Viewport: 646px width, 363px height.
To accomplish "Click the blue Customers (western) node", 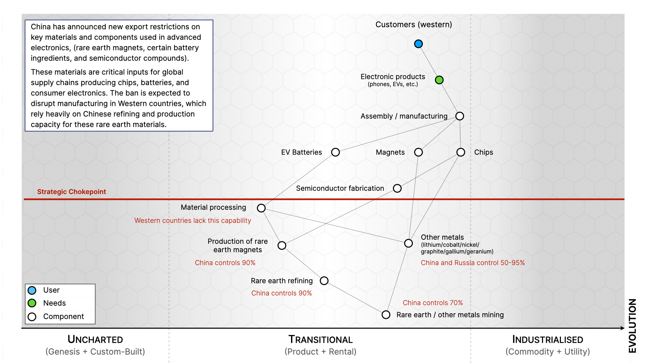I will pos(418,44).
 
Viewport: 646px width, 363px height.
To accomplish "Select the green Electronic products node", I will pos(439,80).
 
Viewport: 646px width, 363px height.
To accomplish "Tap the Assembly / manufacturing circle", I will pos(460,116).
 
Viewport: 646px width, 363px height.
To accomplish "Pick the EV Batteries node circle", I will pos(335,152).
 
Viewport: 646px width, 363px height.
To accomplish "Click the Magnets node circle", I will pos(419,152).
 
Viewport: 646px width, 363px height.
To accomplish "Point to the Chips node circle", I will pos(461,152).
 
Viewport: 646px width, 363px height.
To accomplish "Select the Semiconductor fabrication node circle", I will pos(397,188).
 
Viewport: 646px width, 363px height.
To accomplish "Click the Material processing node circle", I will pos(261,208).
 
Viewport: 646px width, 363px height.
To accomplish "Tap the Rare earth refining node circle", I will pos(324,281).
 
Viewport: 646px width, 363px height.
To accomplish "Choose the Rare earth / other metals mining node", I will pos(386,315).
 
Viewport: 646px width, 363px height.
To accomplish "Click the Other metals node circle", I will pos(408,243).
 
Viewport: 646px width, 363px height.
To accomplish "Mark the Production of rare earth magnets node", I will pos(282,245).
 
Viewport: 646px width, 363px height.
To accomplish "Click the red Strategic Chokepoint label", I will pos(71,192).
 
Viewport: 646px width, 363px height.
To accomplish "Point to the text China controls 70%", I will pos(433,302).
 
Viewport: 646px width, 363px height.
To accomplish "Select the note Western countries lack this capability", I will pos(192,220).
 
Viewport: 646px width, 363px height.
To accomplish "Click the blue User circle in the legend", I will pos(32,290).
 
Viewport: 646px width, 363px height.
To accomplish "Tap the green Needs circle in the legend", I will pos(32,303).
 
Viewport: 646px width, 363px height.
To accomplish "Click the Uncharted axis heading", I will pos(95,339).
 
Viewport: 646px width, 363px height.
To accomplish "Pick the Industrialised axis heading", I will pos(547,339).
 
